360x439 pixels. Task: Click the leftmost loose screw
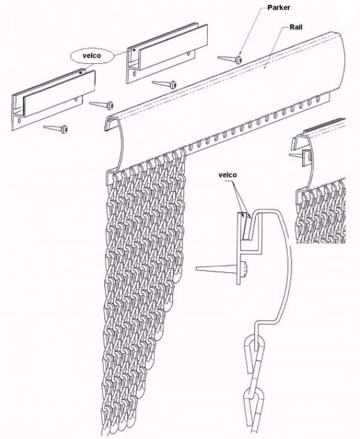pyautogui.click(x=55, y=128)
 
